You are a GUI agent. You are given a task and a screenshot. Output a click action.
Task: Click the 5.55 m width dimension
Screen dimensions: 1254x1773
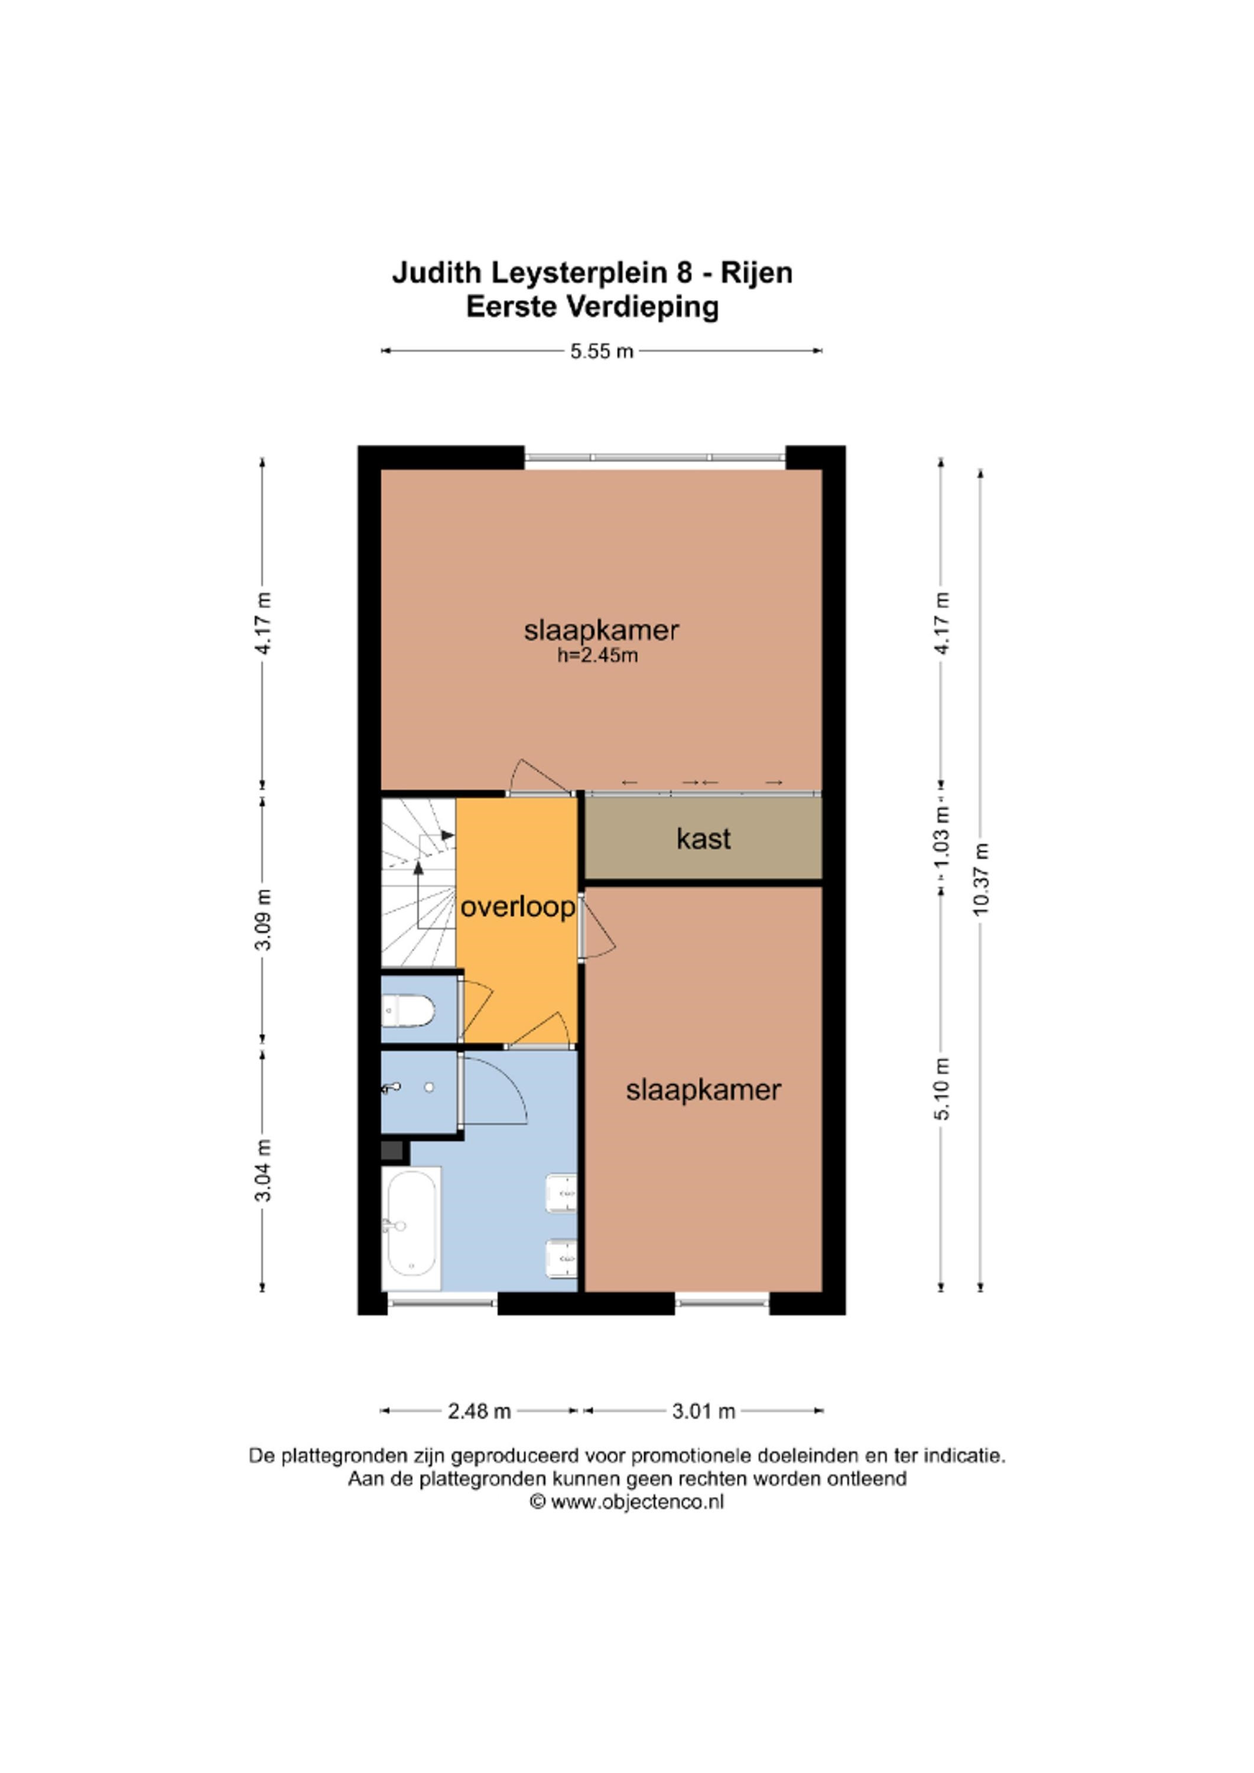602,352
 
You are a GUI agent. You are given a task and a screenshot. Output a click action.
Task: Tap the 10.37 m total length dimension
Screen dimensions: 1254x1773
980,879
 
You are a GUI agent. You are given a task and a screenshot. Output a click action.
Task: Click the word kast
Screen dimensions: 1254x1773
703,839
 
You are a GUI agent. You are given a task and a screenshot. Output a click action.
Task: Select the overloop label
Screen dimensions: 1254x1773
517,907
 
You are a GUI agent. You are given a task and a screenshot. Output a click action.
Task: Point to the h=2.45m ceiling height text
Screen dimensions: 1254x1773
597,657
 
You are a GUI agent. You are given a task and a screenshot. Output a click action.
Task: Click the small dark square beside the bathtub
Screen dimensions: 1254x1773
392,1151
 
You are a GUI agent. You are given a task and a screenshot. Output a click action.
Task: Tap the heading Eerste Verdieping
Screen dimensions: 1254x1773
592,307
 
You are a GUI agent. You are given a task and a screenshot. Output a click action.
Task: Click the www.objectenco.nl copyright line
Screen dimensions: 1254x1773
626,1502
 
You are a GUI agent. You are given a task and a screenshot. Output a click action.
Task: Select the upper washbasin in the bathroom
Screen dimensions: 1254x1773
561,1193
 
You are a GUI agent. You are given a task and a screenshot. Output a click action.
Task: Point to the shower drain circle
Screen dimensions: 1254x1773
429,1088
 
